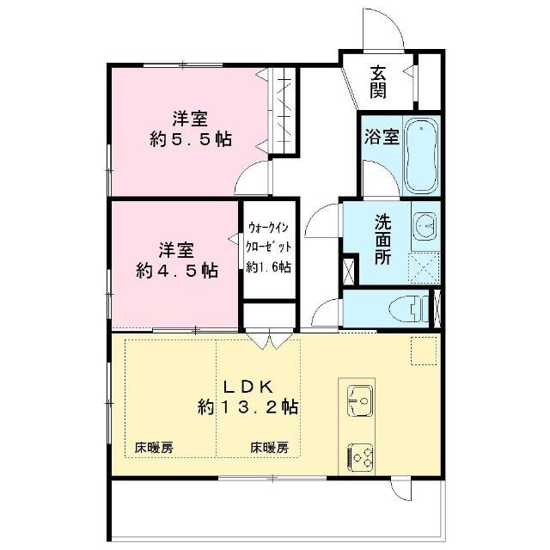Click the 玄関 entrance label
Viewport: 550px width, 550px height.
click(x=378, y=82)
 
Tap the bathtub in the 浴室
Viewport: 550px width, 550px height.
click(x=421, y=156)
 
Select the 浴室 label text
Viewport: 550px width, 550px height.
click(x=382, y=137)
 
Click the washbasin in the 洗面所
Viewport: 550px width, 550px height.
click(x=425, y=226)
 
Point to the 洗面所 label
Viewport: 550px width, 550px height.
click(x=382, y=239)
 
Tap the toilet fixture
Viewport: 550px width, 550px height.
click(x=409, y=309)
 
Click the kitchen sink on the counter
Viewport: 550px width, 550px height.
click(x=360, y=400)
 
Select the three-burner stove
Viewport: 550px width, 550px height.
click(x=360, y=457)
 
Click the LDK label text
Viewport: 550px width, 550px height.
click(x=248, y=387)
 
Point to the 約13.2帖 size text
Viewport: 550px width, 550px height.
click(x=248, y=407)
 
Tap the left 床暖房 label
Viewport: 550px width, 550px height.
click(x=154, y=448)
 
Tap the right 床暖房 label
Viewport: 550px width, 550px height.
click(x=269, y=448)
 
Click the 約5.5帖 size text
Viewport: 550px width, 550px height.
click(x=191, y=139)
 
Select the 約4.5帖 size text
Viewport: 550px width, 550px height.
click(x=177, y=271)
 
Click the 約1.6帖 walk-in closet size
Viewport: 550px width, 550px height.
click(x=268, y=267)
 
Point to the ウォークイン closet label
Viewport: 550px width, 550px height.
click(x=268, y=228)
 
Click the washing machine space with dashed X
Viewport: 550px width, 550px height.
click(x=424, y=267)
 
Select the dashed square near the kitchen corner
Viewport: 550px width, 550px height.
click(x=424, y=351)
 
